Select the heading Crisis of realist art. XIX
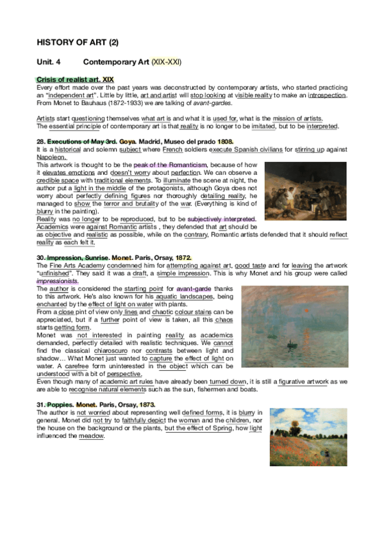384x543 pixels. click(76, 79)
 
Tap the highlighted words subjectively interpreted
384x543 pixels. click(221, 219)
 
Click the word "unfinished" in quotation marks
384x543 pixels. click(53, 273)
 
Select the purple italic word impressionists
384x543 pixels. click(58, 280)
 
